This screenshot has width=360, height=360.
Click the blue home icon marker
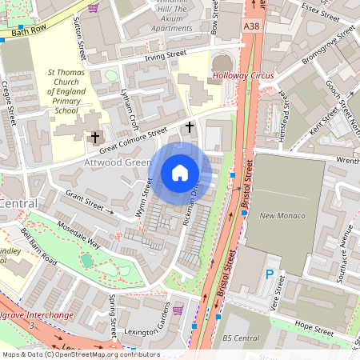click(x=180, y=173)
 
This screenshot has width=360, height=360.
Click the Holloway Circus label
click(x=243, y=77)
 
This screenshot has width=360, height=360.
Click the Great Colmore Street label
click(x=133, y=138)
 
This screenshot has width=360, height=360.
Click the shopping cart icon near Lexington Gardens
click(x=178, y=310)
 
